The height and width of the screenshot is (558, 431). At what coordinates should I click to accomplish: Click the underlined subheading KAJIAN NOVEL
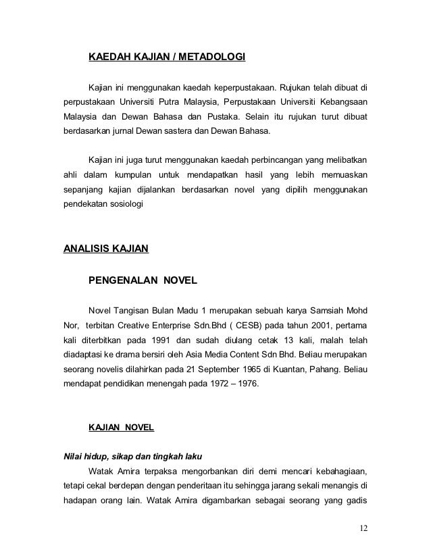click(122, 428)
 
